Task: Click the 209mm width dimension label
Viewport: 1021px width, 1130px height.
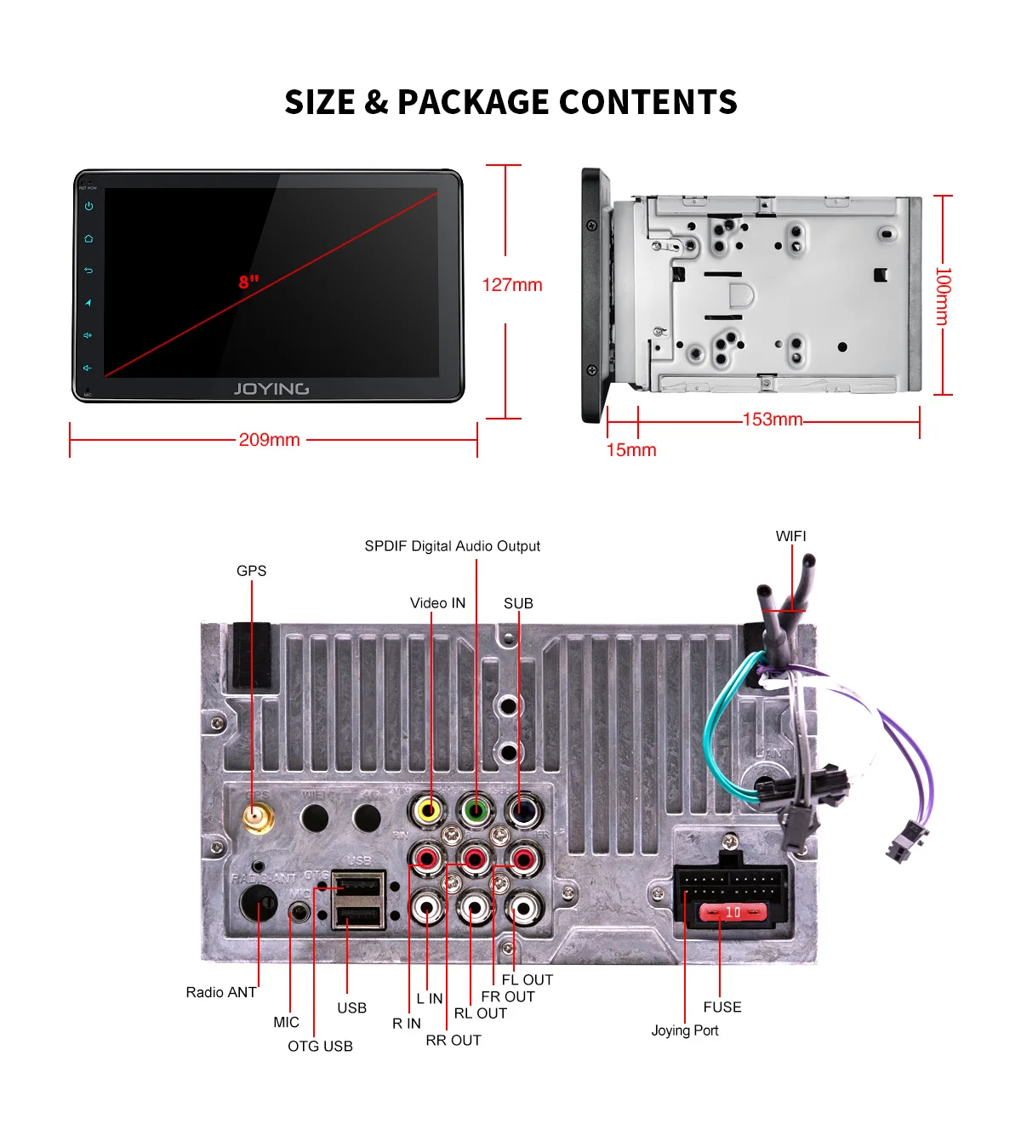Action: coord(269,440)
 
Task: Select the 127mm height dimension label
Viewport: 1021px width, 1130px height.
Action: coord(512,285)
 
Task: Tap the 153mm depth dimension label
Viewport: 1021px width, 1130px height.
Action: coord(773,419)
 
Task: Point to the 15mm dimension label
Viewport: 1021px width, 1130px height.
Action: coord(631,450)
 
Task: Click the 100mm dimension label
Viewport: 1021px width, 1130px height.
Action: coord(943,296)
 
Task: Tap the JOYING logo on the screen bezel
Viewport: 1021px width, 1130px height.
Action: coord(271,389)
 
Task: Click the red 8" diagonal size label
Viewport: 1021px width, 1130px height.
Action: coord(248,282)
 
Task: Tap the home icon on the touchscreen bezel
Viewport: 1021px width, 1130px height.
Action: coord(88,239)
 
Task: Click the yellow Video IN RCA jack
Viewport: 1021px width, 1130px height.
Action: coord(428,810)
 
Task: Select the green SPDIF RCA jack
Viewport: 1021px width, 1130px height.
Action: coord(476,810)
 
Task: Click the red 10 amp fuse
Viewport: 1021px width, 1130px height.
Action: coord(733,913)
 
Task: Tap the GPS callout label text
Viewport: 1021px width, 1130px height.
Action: coord(251,571)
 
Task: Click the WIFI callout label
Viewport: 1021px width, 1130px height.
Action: coord(790,536)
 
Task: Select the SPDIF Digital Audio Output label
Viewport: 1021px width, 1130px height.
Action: coord(452,546)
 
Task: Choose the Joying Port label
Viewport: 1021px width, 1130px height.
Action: coord(685,1030)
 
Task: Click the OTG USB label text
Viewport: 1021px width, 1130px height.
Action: coord(320,1046)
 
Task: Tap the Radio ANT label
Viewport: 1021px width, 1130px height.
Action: coord(221,992)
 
